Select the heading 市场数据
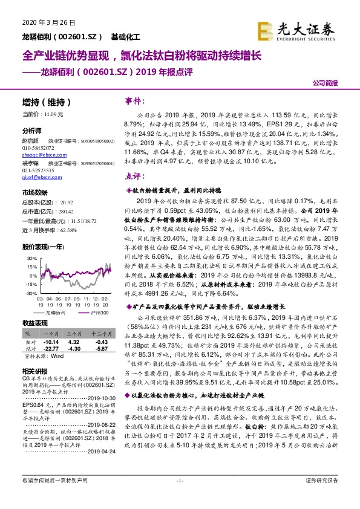coord(34,193)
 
